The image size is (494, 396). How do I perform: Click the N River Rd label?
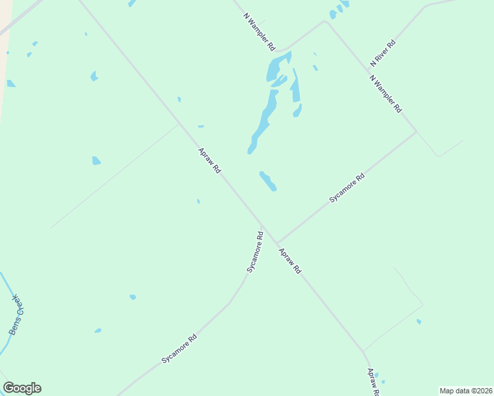(x=383, y=53)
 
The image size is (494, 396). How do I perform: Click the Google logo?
(x=22, y=388)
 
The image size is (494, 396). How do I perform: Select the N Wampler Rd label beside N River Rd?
(x=386, y=94)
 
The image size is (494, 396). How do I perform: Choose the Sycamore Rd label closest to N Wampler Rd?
(x=347, y=188)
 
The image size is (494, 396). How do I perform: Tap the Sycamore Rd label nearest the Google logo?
(x=179, y=350)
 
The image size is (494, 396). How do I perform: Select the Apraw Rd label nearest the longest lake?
(x=209, y=161)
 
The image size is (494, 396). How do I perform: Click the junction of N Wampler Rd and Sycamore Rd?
(x=417, y=132)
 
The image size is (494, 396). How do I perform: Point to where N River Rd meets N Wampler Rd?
(x=367, y=68)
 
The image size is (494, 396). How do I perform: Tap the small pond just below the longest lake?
(x=267, y=181)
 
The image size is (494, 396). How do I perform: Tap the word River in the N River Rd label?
(x=384, y=51)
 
